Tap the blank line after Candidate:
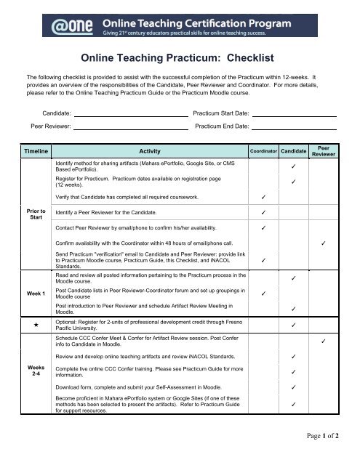(132, 114)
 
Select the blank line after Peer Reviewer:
(132, 126)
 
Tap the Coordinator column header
(262, 151)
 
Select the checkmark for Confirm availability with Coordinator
(324, 242)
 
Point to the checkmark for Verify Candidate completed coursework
(263, 196)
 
